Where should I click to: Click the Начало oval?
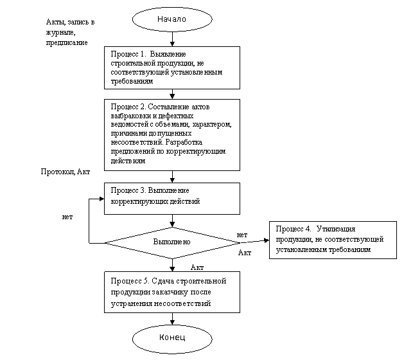point(171,19)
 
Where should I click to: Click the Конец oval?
point(171,337)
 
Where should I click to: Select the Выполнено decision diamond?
point(171,242)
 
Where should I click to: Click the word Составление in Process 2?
point(172,105)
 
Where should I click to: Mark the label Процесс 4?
point(294,229)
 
